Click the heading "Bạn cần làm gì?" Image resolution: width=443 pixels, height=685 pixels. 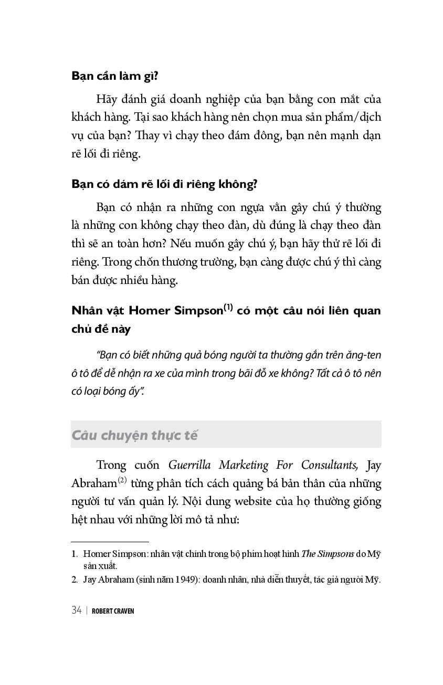[115, 76]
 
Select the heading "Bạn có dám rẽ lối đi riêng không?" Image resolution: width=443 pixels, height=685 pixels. [164, 184]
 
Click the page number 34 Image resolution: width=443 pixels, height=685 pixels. [76, 610]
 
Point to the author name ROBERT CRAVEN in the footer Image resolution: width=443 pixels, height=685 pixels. [113, 610]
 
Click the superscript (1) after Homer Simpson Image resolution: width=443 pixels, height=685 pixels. [228, 307]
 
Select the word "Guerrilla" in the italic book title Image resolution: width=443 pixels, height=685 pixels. [191, 465]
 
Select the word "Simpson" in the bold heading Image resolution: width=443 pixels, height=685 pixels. [199, 310]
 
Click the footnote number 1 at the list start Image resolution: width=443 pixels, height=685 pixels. [74, 554]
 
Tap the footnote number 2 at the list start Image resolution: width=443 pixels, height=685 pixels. [74, 580]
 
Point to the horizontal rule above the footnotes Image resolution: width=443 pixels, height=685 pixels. [110, 541]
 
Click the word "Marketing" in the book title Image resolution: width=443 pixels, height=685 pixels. [245, 465]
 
